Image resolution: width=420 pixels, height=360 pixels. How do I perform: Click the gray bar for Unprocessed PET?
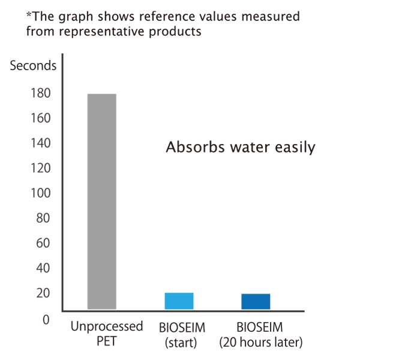point(102,202)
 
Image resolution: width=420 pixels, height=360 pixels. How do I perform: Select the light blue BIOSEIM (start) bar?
point(179,301)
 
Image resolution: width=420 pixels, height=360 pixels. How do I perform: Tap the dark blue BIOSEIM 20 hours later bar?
point(256,302)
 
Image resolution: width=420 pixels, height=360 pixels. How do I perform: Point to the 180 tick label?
point(41,93)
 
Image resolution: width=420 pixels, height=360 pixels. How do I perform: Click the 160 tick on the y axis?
point(41,118)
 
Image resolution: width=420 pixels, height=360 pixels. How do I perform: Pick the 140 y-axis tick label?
point(41,143)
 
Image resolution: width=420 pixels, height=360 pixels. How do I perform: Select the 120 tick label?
point(41,168)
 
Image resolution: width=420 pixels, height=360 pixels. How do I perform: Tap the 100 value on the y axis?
point(41,193)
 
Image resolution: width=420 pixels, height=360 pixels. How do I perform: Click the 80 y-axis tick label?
point(43,218)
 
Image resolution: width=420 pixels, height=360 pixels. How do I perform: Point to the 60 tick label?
point(43,243)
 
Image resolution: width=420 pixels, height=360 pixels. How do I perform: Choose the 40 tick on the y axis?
point(43,268)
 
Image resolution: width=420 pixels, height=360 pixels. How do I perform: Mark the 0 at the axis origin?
point(46,320)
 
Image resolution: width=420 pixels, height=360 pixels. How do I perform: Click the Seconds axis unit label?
point(33,65)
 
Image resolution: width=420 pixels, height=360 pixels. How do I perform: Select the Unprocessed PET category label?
point(107,334)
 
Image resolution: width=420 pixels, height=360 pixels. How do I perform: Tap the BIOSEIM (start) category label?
point(182,335)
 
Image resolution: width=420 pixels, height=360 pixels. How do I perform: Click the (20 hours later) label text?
point(260,343)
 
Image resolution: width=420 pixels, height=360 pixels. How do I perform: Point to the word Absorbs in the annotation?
point(195,147)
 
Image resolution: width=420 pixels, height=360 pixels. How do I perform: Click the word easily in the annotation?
point(295,148)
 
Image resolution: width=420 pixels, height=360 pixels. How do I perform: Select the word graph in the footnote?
point(75,17)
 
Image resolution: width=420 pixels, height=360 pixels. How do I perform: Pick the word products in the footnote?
point(175,32)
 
